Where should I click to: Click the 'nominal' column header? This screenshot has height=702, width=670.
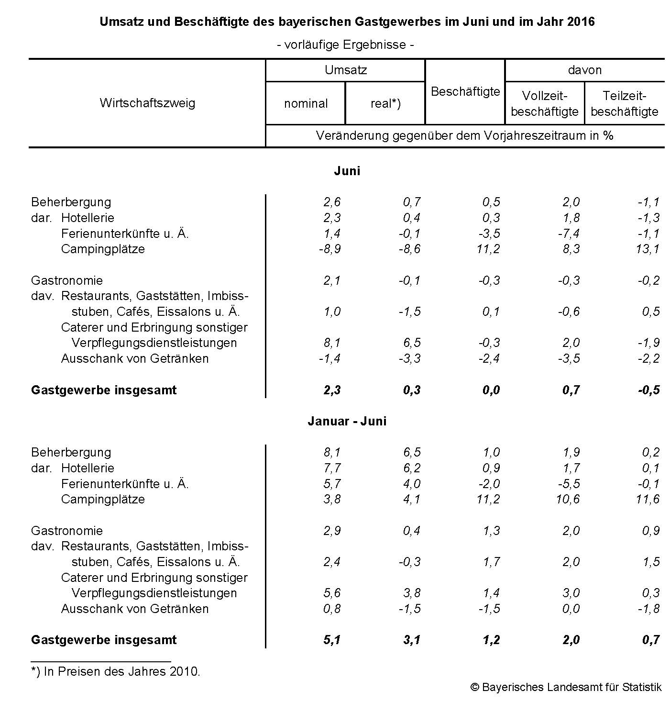point(306,103)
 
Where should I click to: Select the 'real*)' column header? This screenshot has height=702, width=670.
point(385,103)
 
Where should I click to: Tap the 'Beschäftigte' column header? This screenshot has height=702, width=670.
point(465,91)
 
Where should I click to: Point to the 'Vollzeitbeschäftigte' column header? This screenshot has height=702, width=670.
point(545,103)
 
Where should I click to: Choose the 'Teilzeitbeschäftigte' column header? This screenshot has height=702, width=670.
point(625,103)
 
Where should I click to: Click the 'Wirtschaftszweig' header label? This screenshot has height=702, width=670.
point(147,103)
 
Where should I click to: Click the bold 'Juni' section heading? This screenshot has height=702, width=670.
point(347,171)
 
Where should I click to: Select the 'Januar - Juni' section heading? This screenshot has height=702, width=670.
point(347,421)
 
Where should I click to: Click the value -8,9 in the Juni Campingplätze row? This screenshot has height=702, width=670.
point(330,249)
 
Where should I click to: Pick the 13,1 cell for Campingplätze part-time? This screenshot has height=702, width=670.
point(648,249)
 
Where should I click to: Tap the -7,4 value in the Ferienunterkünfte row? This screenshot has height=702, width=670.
point(569,234)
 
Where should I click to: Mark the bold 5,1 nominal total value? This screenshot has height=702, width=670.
point(332,640)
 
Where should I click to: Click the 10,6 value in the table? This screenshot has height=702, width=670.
point(568,499)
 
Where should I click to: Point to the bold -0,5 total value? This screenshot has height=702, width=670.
point(648,390)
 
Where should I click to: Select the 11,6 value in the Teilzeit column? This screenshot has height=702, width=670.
point(648,499)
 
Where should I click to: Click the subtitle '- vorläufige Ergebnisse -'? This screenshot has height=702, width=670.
point(345,45)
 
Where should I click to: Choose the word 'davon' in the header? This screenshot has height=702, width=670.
point(584,70)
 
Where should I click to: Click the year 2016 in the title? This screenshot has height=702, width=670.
point(581,22)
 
